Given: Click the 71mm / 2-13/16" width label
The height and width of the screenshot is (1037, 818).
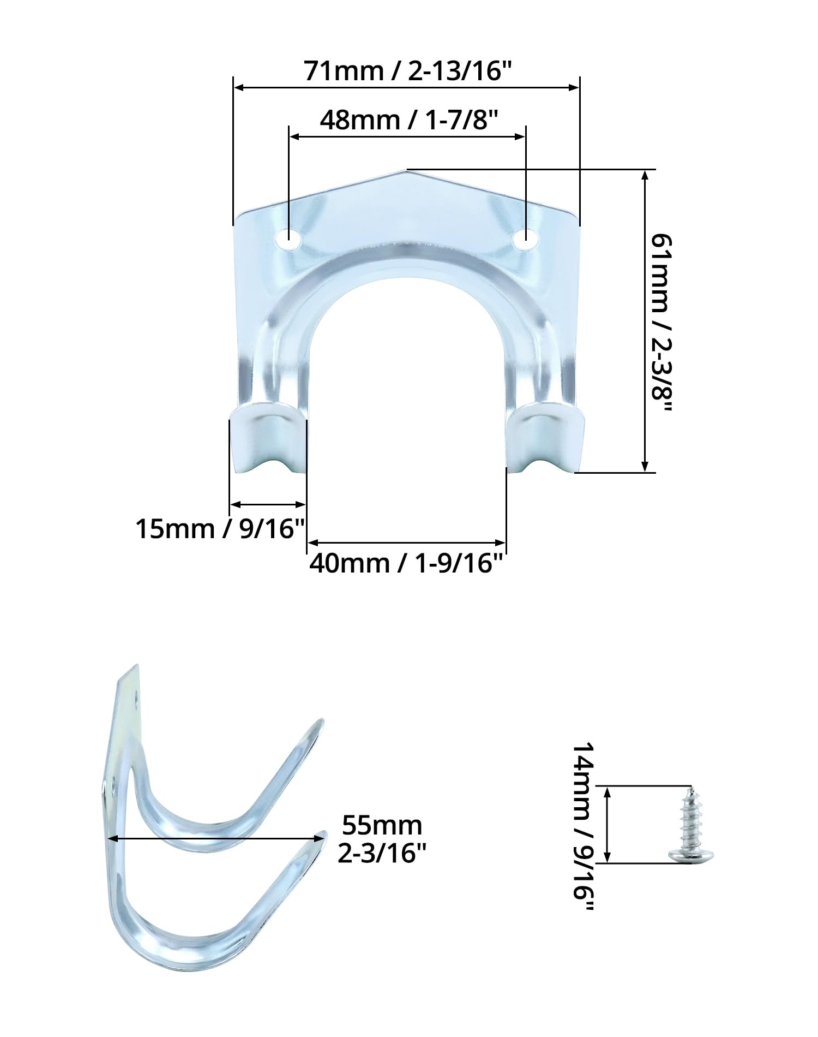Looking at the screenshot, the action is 407,71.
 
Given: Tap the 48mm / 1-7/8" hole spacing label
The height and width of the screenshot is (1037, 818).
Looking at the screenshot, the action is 409,120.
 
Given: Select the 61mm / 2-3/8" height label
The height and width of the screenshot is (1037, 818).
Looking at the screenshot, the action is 662,325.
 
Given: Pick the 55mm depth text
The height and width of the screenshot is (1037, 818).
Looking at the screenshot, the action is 382,826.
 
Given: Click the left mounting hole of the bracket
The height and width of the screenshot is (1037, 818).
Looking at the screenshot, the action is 289,238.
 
